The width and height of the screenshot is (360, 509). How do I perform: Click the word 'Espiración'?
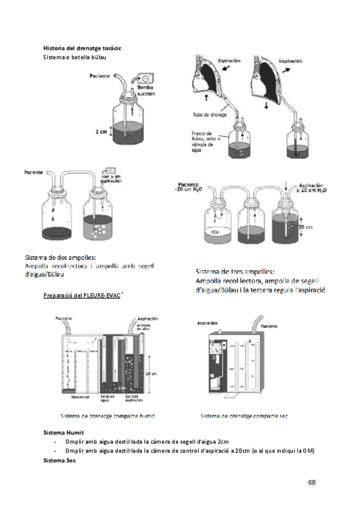pyautogui.click(x=229, y=61)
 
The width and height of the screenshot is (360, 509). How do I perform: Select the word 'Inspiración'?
pyautogui.click(x=290, y=61)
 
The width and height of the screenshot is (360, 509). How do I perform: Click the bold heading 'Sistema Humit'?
pyautogui.click(x=64, y=432)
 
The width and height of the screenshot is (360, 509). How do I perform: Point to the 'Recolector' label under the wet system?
pyautogui.click(x=80, y=396)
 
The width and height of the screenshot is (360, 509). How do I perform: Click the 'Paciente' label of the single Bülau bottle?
pyautogui.click(x=101, y=76)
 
